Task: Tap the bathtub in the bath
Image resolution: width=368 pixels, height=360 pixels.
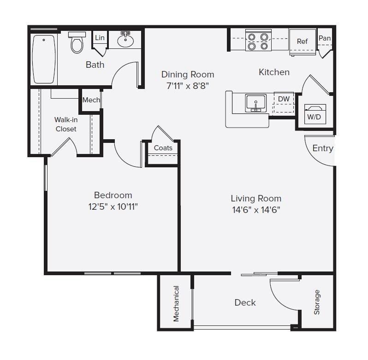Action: coord(44,59)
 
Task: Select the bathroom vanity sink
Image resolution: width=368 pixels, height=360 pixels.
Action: coord(125,41)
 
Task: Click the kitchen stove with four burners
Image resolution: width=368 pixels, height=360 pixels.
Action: coord(258,40)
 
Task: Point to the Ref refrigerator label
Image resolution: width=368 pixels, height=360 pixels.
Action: coord(302,41)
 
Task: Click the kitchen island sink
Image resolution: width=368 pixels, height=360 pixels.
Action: coord(255,102)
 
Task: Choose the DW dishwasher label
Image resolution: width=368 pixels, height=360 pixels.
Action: coord(284,99)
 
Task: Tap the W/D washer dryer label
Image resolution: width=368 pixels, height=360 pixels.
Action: coord(314,117)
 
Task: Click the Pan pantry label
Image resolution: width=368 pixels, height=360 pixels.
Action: coord(325,38)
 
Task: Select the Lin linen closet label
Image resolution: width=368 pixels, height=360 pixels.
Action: coord(99,38)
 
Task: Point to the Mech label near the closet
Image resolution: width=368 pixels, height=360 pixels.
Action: coord(91,100)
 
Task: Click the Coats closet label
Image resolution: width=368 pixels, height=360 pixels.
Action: coord(163,148)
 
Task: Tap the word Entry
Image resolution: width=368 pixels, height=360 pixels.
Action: coord(322,148)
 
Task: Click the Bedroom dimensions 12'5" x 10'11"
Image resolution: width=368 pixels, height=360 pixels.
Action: coord(113,207)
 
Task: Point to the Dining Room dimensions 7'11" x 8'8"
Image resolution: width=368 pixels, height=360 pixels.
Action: coord(187,85)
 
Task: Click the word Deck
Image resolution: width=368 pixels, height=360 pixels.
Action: coord(245,302)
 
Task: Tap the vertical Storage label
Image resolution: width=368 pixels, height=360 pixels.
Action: coord(317,302)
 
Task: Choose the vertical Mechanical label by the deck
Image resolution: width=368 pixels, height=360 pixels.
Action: coord(176,303)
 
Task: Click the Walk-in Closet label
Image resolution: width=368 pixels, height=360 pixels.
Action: coord(66,124)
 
